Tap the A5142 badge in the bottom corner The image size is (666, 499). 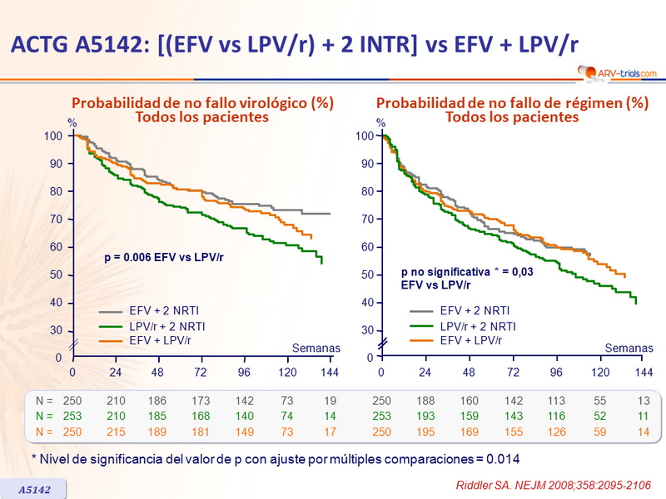[x=35, y=490]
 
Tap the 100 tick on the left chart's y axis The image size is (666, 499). [x=54, y=136]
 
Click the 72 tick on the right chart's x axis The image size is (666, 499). [x=513, y=371]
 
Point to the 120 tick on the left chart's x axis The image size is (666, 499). [x=287, y=371]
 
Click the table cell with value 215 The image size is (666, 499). [x=117, y=431]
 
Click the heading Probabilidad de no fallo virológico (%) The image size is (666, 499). [x=202, y=103]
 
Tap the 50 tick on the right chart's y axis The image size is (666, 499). [x=365, y=274]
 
